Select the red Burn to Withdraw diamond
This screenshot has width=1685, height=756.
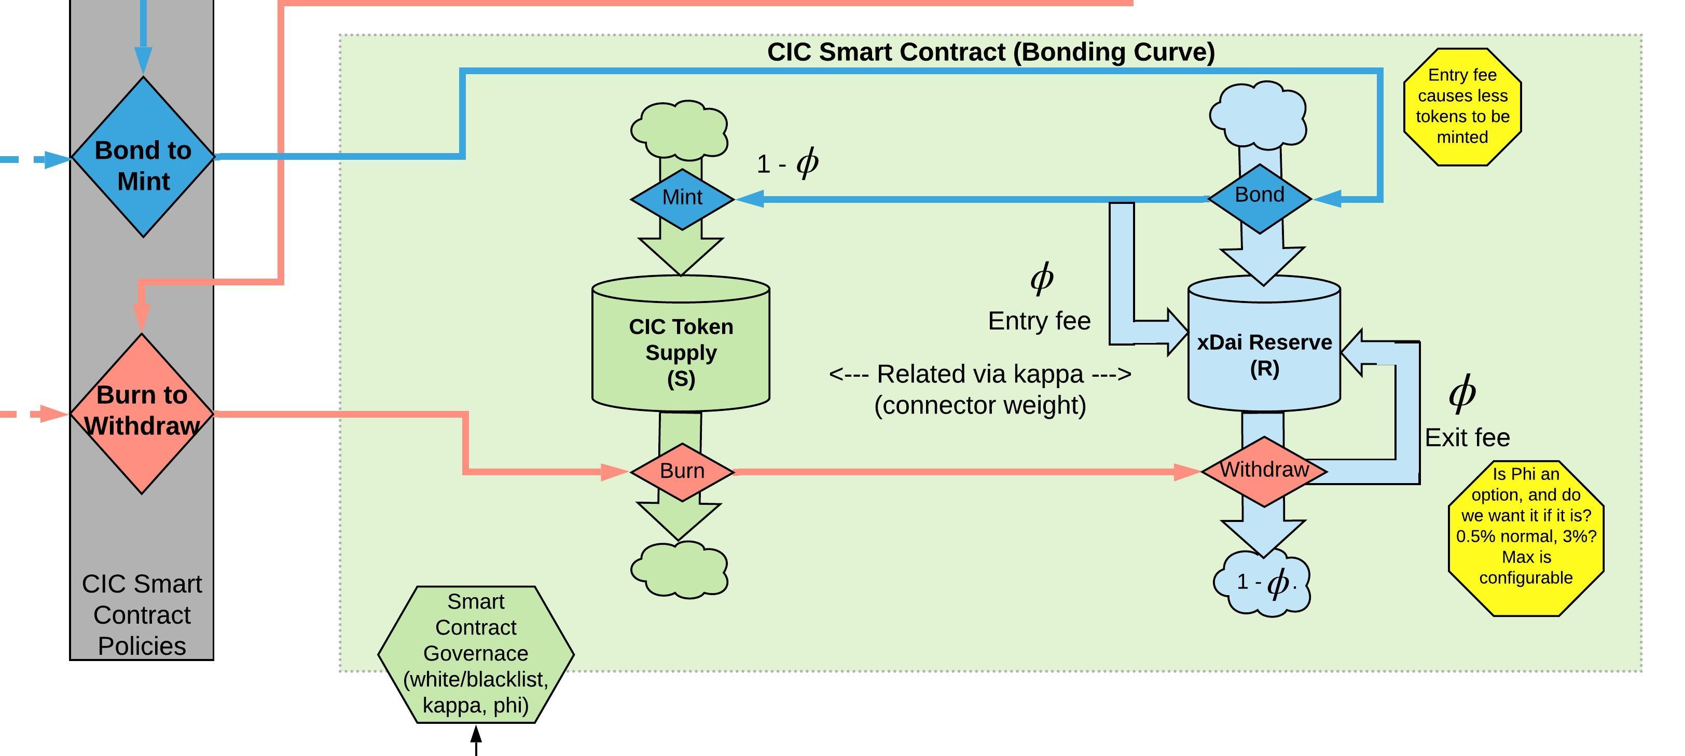(142, 414)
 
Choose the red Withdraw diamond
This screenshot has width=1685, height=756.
(1264, 471)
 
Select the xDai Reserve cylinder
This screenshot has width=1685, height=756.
(1264, 350)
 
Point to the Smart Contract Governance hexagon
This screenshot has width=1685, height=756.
(476, 654)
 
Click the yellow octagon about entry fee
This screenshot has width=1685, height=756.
(1462, 106)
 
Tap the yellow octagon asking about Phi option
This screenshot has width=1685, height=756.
(1525, 538)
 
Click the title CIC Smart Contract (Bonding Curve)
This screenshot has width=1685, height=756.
(990, 52)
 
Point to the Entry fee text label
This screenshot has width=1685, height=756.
(1039, 321)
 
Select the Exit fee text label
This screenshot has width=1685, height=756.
(1467, 437)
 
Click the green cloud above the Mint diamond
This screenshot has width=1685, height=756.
(680, 129)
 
